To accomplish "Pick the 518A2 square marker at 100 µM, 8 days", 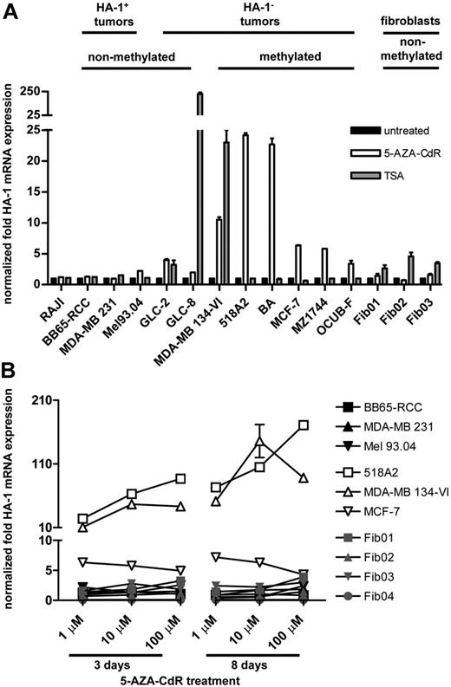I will [304, 425].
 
